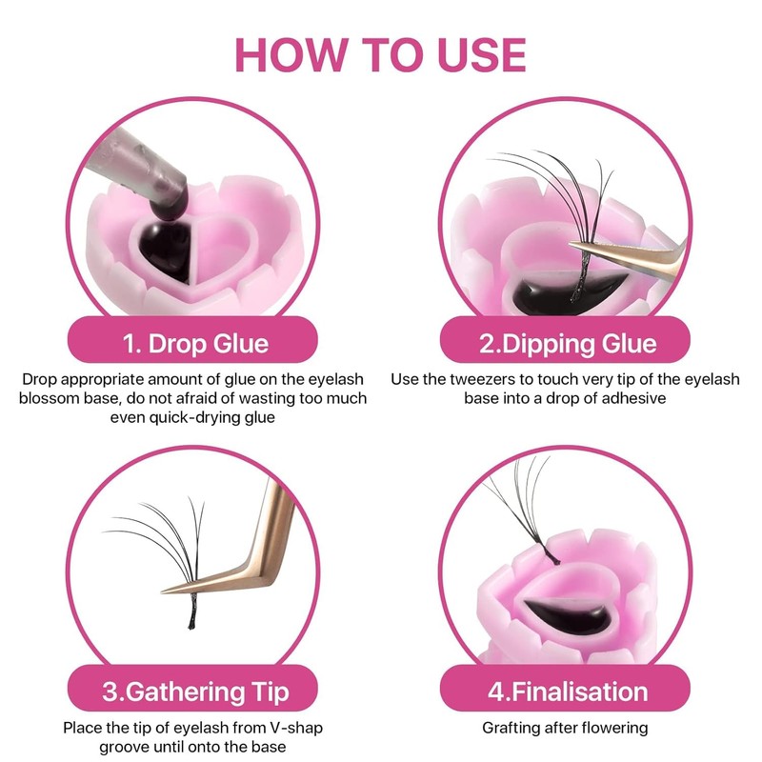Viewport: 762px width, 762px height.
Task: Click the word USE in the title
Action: click(x=482, y=54)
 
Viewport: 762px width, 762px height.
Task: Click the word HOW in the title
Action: click(x=291, y=54)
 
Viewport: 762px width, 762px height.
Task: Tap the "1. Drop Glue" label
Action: click(x=195, y=343)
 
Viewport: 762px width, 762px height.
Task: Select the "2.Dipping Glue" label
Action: click(x=568, y=343)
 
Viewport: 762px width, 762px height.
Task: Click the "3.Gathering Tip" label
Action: click(x=195, y=692)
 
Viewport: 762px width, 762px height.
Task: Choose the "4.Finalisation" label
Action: click(x=568, y=692)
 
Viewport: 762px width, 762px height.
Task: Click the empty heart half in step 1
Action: click(x=224, y=249)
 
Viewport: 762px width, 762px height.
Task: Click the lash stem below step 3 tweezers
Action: click(x=193, y=612)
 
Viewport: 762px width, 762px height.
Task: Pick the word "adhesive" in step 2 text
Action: click(x=633, y=398)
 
